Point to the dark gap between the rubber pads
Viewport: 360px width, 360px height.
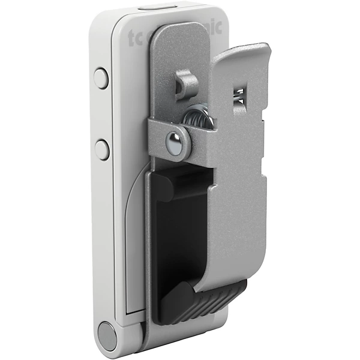[x=180, y=240]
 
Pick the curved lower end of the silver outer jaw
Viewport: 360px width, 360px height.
[x=240, y=264]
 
